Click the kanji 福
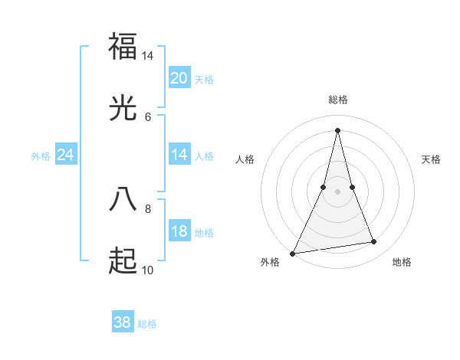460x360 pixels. point(123,46)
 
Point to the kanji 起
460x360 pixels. point(123,261)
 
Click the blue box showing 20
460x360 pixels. point(179,78)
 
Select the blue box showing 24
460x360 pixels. point(65,155)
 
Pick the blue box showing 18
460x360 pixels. point(179,231)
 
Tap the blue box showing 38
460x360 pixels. point(122,322)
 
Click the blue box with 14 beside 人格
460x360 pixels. point(179,155)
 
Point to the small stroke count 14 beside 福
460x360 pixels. point(148,56)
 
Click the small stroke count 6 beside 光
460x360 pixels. point(148,116)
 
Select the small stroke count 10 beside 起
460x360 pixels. point(148,270)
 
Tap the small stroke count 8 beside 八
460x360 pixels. point(148,208)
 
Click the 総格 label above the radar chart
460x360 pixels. point(337,100)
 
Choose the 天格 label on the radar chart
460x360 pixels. point(431,159)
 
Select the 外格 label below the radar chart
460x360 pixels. point(270,262)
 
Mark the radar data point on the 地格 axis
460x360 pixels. point(374,242)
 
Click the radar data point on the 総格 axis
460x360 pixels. point(337,130)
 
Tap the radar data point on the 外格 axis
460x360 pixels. point(293,253)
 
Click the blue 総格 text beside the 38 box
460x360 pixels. point(147,324)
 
